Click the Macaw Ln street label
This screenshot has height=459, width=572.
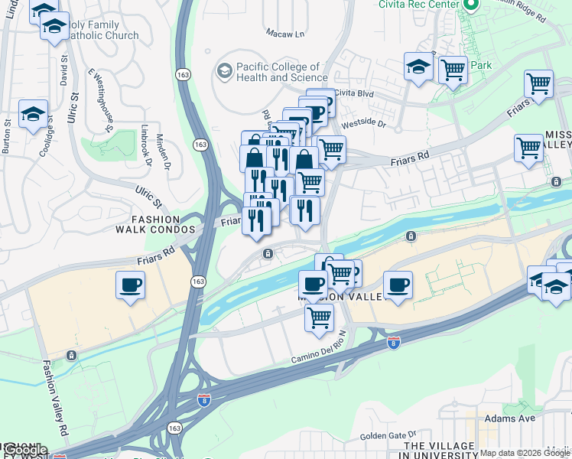click(x=284, y=34)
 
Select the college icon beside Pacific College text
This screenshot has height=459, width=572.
click(x=224, y=71)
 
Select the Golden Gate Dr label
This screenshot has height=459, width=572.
click(x=387, y=436)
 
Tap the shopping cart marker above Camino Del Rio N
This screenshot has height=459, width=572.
click(x=319, y=317)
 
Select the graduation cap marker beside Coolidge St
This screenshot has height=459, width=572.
click(x=33, y=115)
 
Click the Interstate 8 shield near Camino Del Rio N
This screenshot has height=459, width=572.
click(x=394, y=343)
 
